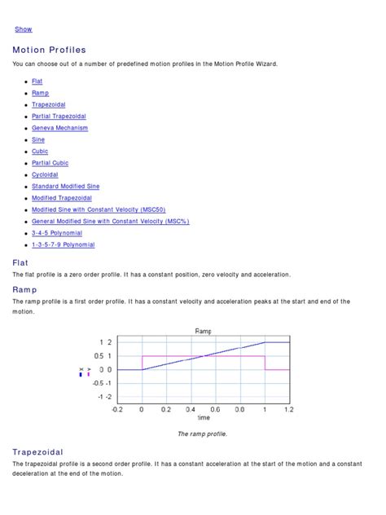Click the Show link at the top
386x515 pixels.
tap(24, 29)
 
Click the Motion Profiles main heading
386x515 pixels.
tap(49, 51)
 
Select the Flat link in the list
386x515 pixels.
tap(37, 81)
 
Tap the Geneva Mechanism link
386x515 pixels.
tap(59, 128)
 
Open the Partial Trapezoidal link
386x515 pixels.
tap(59, 117)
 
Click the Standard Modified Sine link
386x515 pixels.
tap(65, 187)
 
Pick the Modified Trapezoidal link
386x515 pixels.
tap(62, 198)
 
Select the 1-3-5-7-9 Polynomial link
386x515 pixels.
tap(63, 244)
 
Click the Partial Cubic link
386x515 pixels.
tap(50, 163)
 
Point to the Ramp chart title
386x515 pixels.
tap(203, 331)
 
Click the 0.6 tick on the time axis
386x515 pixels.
tap(215, 409)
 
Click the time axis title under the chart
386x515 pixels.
tap(203, 418)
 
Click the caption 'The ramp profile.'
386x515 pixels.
tap(202, 434)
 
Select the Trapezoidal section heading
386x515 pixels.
tap(37, 451)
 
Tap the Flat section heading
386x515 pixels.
tap(20, 262)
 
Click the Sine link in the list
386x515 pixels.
tap(38, 139)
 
